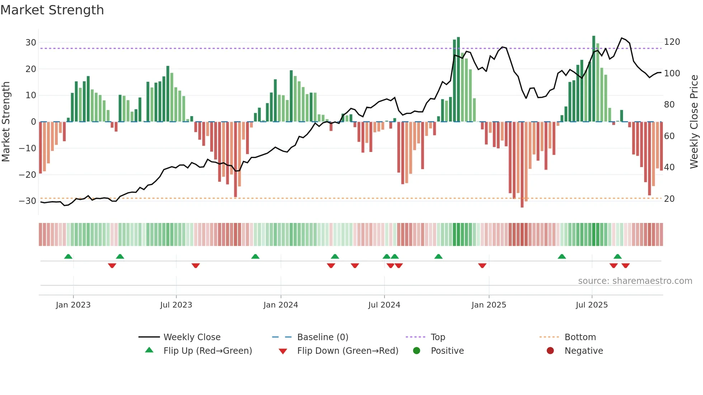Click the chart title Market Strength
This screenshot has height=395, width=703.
52,10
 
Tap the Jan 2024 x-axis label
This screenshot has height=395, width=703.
280,305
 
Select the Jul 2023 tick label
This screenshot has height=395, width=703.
176,305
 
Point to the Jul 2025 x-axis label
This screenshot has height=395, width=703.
592,305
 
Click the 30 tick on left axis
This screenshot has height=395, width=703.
31,43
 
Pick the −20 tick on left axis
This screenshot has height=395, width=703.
28,175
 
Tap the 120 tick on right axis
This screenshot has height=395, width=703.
672,42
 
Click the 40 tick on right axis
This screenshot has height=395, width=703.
669,167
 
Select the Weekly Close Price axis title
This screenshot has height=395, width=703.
694,122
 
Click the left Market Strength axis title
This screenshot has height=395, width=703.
6,122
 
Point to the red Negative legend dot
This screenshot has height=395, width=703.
550,351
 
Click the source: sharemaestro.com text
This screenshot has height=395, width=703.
635,281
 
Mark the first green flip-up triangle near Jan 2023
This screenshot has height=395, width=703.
68,256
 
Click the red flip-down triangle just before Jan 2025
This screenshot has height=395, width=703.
482,266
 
